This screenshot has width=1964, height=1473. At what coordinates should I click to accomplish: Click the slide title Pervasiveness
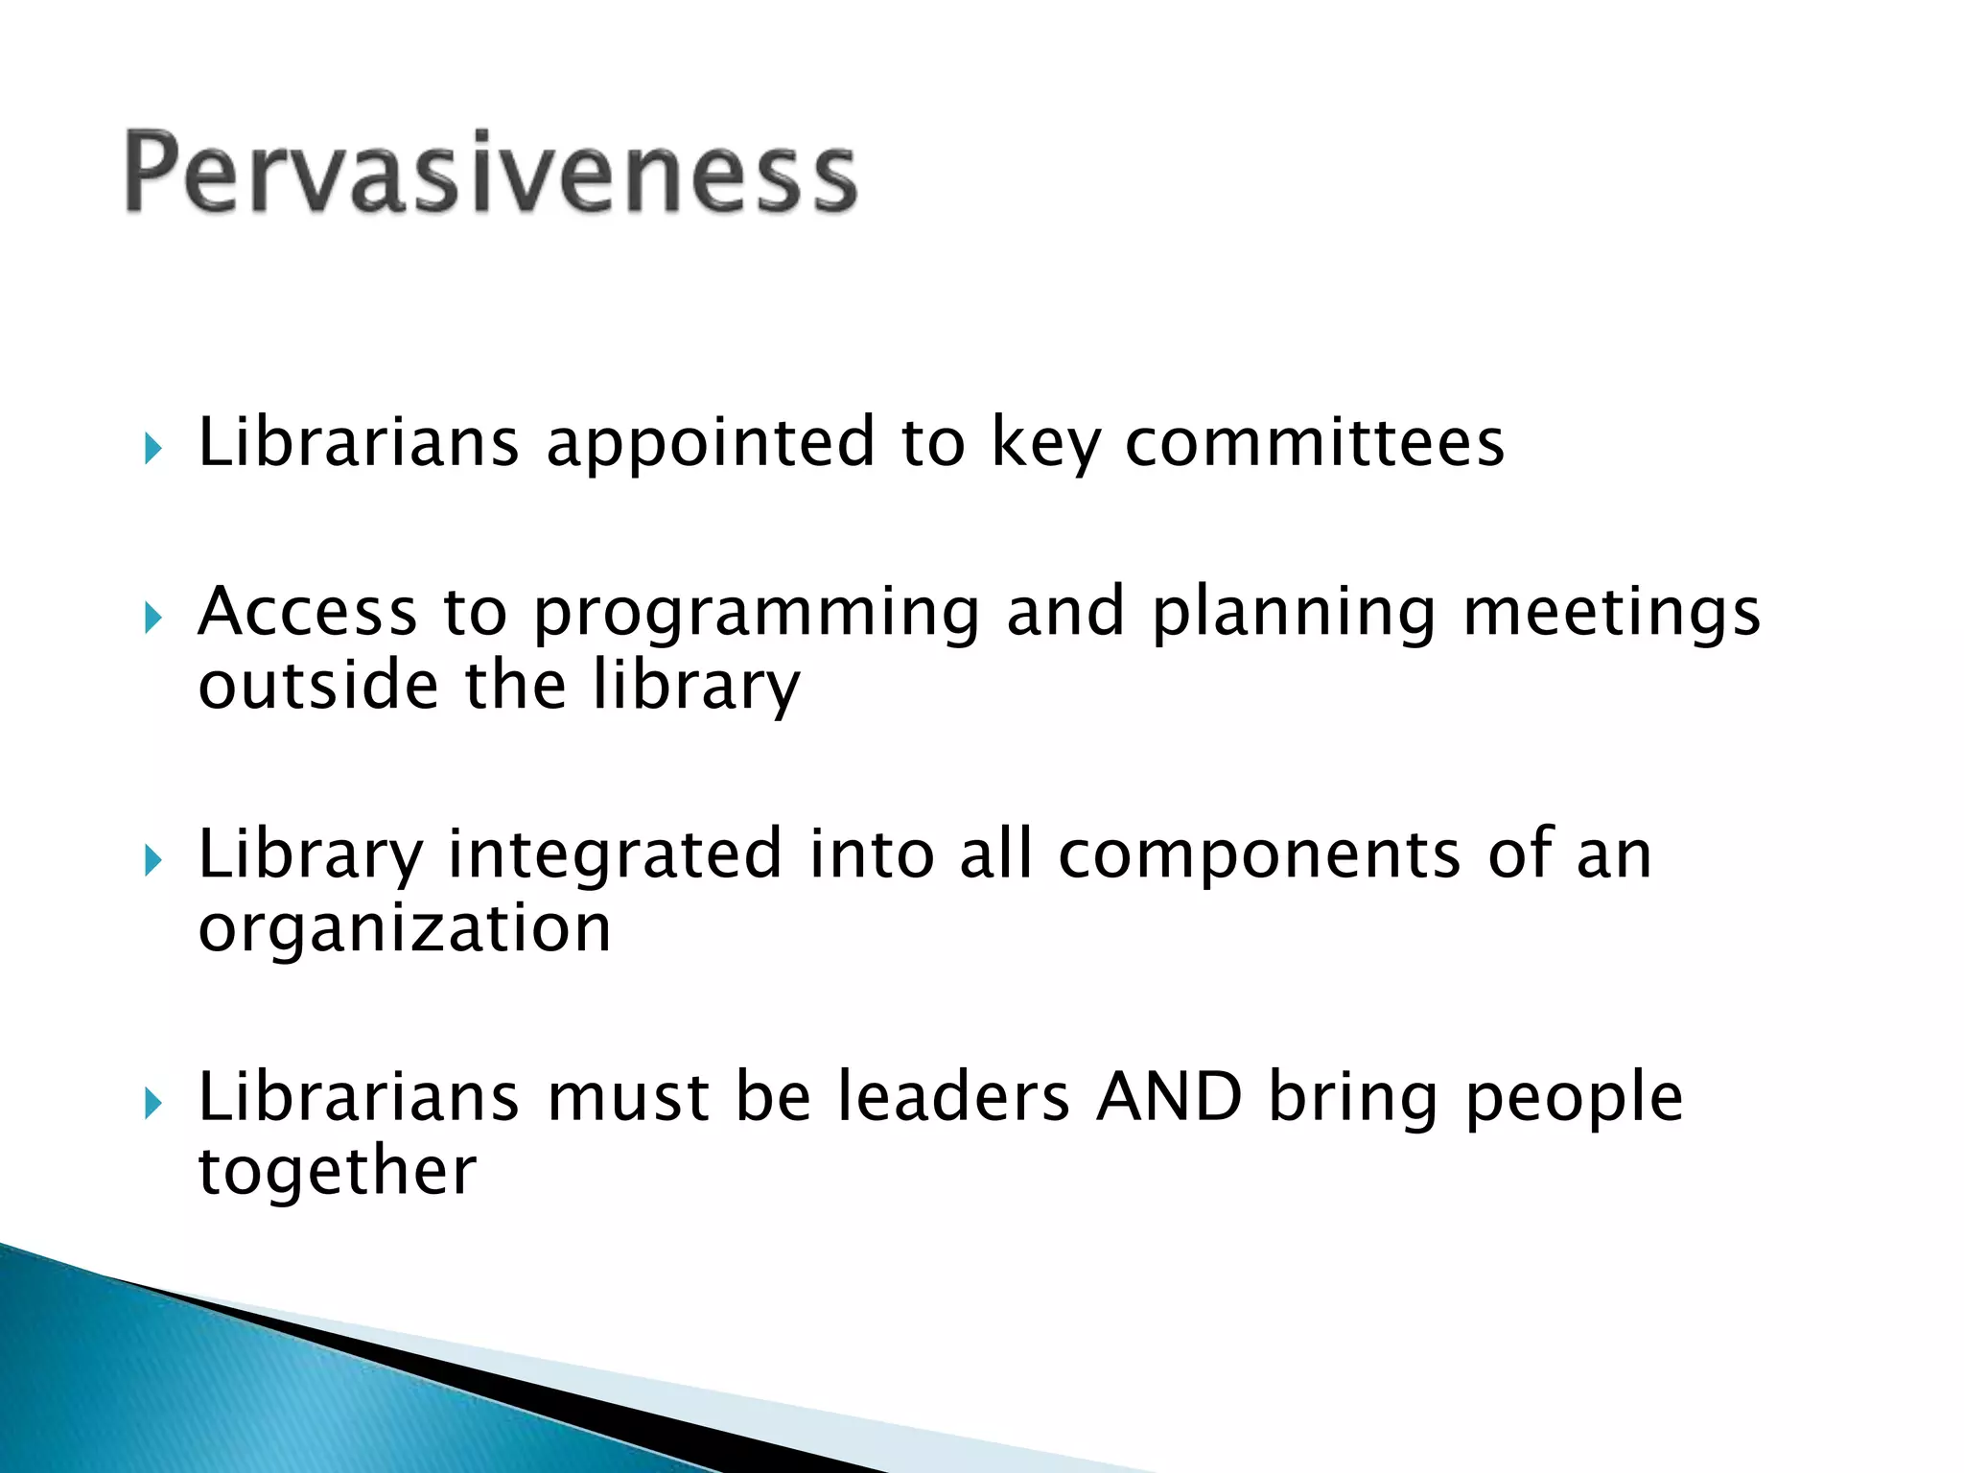[x=490, y=173]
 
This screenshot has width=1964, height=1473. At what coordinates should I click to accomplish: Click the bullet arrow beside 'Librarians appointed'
[x=152, y=448]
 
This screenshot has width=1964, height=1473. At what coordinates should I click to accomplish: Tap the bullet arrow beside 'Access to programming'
[x=152, y=618]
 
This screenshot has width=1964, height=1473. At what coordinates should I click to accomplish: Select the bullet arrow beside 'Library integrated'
[x=152, y=860]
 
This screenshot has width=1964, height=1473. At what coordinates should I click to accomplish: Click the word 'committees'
[x=1314, y=443]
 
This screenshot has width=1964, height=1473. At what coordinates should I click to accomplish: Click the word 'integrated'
[x=615, y=856]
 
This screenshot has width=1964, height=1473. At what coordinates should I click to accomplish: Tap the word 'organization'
[x=404, y=930]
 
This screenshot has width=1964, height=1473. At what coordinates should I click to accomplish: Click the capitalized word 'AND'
[x=1169, y=1097]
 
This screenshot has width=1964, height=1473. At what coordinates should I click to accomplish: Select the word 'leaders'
[x=953, y=1097]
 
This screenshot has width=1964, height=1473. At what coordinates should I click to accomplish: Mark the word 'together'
[x=337, y=1173]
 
